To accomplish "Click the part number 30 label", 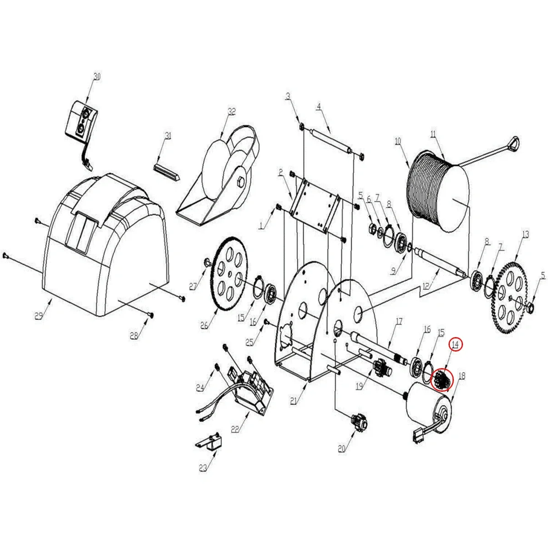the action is point(97,77).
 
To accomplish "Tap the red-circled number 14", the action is point(456,344).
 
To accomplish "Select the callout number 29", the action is point(39,316).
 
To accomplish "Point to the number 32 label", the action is point(232,111).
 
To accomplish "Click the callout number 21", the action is point(293,401).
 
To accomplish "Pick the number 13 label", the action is point(526,235).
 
